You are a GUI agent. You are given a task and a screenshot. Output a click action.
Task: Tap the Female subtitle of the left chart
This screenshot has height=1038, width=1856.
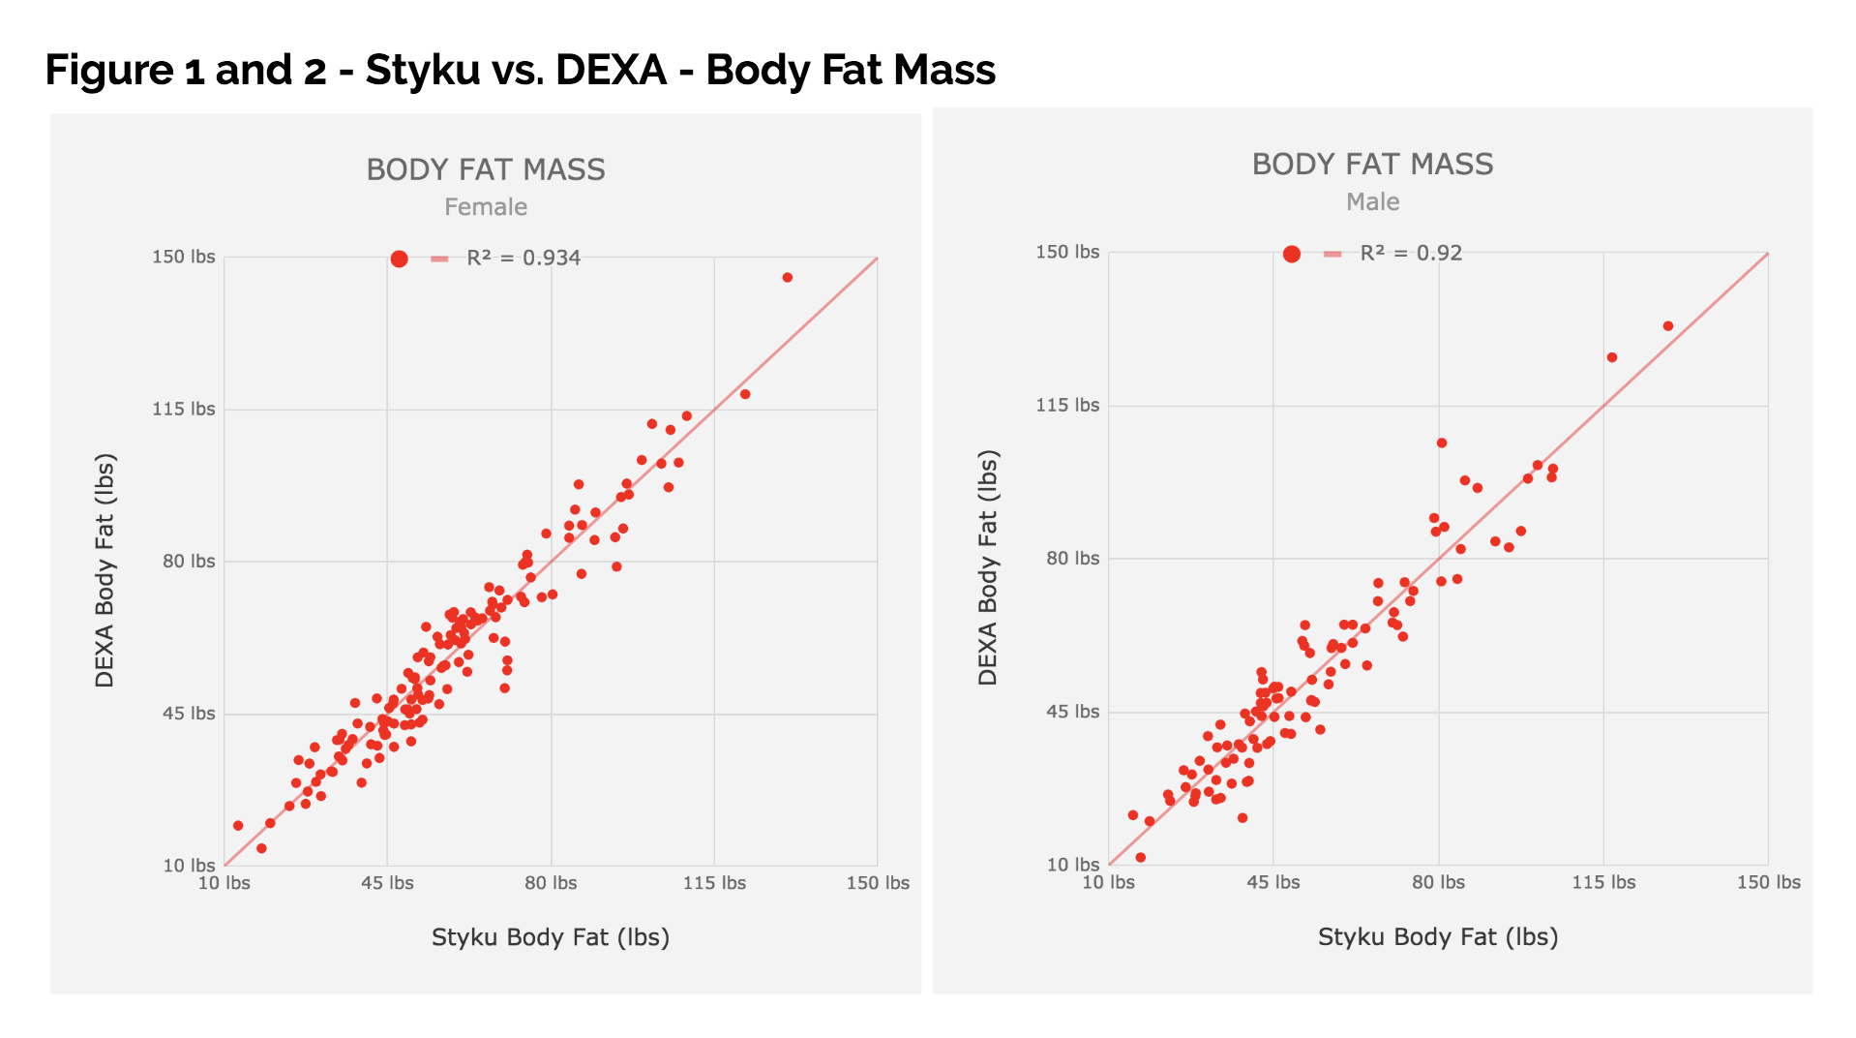[x=486, y=207]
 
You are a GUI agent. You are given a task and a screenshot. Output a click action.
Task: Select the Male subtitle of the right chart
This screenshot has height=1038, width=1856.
[x=1372, y=202]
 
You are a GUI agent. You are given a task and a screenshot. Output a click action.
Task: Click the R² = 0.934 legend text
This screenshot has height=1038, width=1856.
[x=524, y=259]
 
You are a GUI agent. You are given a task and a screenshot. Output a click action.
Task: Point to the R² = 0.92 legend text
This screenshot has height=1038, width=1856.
[x=1411, y=254]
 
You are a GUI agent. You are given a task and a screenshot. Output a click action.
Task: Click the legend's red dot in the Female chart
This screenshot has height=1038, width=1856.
[x=399, y=259]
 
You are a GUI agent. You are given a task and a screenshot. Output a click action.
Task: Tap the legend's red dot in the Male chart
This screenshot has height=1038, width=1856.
[x=1291, y=254]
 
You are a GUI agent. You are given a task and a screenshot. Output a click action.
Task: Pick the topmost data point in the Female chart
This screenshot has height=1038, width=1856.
[x=788, y=278]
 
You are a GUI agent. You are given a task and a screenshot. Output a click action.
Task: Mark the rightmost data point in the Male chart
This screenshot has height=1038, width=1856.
[x=1668, y=326]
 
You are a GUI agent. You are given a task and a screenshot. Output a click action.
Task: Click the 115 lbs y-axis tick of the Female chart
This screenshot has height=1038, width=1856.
[x=184, y=410]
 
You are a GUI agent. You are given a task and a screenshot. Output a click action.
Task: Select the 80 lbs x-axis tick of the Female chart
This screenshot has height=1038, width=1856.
[x=551, y=883]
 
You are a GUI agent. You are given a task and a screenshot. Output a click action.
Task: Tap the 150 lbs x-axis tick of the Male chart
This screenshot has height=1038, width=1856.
[x=1768, y=882]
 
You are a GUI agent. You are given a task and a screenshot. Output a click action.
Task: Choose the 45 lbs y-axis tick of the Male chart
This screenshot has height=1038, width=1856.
[x=1072, y=712]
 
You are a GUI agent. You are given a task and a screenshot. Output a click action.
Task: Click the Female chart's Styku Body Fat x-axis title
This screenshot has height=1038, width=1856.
[x=551, y=937]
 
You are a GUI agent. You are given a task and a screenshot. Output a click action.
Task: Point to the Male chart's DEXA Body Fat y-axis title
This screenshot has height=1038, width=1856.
[x=987, y=567]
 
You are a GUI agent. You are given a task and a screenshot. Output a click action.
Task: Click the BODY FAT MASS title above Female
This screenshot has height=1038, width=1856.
[x=486, y=170]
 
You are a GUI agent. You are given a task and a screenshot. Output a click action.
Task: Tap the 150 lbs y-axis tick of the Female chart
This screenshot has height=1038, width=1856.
[x=184, y=258]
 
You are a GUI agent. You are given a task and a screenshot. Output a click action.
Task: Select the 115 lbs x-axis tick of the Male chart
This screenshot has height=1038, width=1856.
[x=1603, y=882]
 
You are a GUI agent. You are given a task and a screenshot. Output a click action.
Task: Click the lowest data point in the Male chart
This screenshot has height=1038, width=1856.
[x=1141, y=858]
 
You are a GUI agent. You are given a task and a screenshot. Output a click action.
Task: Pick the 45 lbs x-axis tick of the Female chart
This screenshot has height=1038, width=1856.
[x=387, y=883]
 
